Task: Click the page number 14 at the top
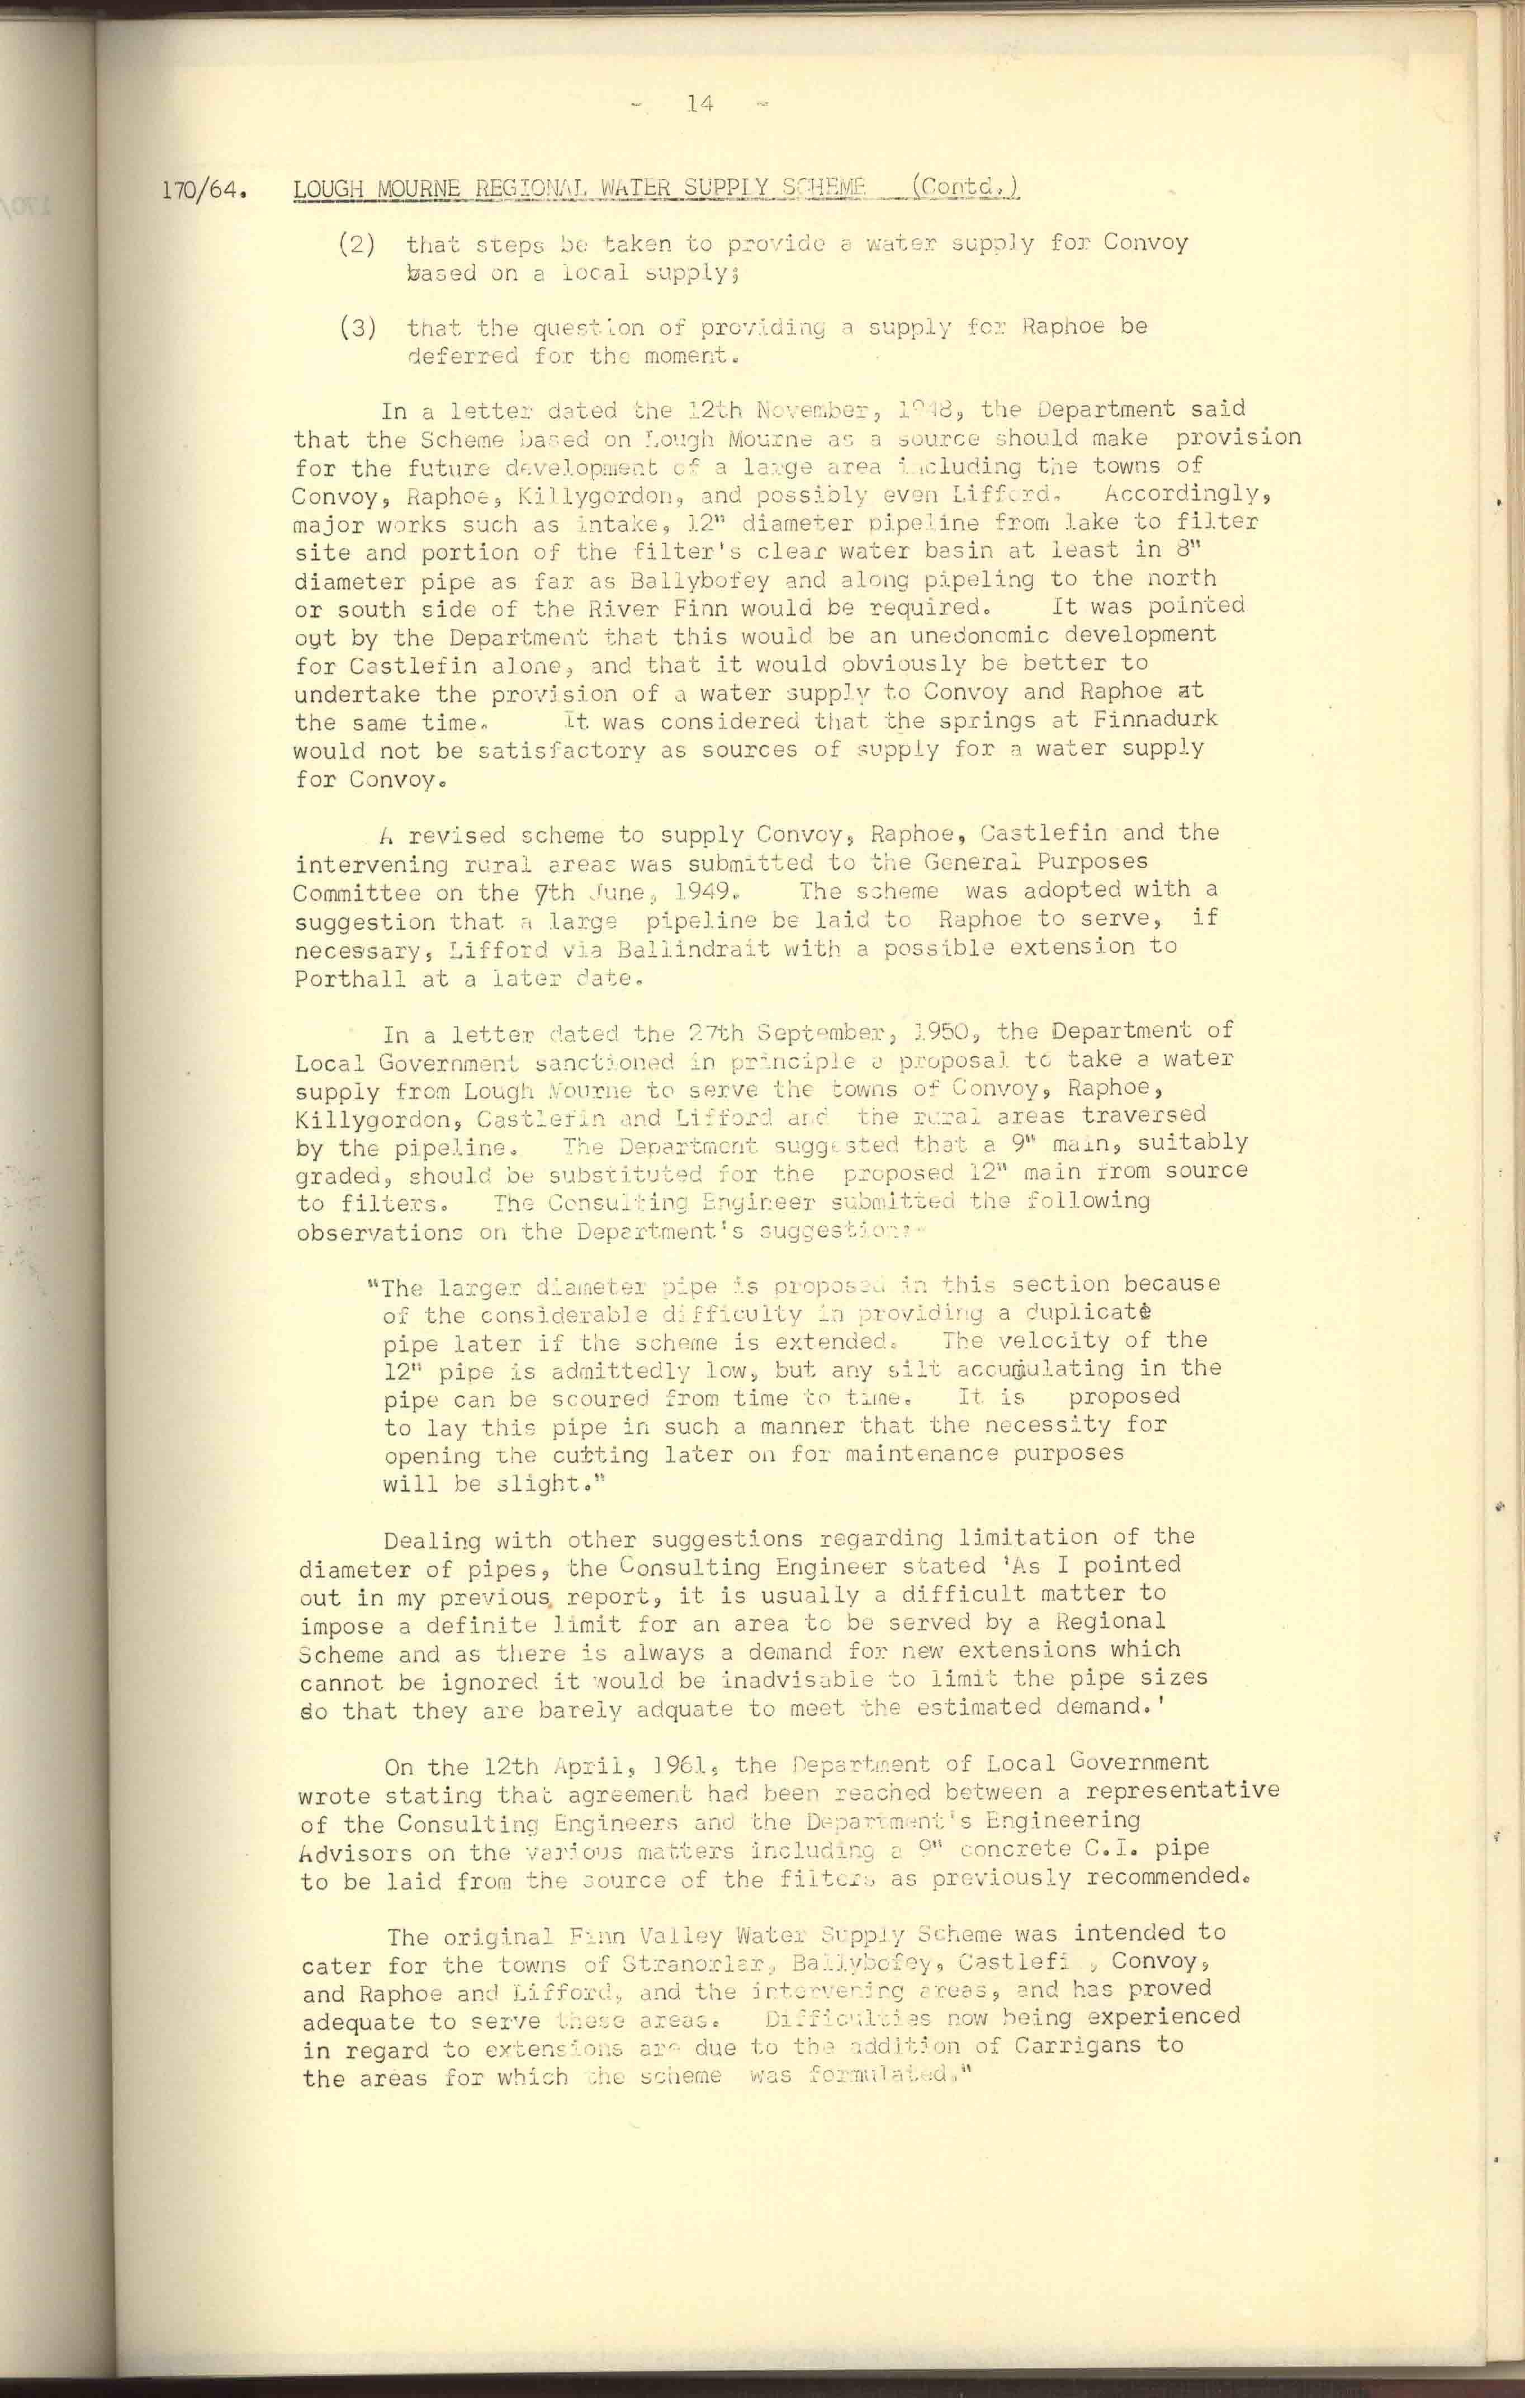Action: click(700, 103)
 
